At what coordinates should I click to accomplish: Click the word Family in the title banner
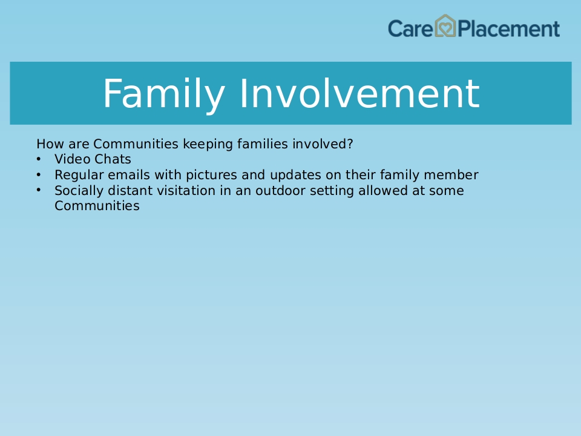pyautogui.click(x=164, y=94)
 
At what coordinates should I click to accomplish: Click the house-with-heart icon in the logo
pyautogui.click(x=445, y=25)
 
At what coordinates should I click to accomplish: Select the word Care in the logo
pyautogui.click(x=410, y=28)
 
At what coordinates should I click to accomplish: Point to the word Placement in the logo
pyautogui.click(x=508, y=28)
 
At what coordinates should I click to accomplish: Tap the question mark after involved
pyautogui.click(x=350, y=144)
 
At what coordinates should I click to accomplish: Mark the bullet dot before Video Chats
pyautogui.click(x=39, y=159)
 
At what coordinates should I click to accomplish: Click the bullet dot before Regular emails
pyautogui.click(x=39, y=174)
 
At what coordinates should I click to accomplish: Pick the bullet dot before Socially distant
pyautogui.click(x=39, y=190)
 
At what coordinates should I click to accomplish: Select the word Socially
pyautogui.click(x=79, y=191)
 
